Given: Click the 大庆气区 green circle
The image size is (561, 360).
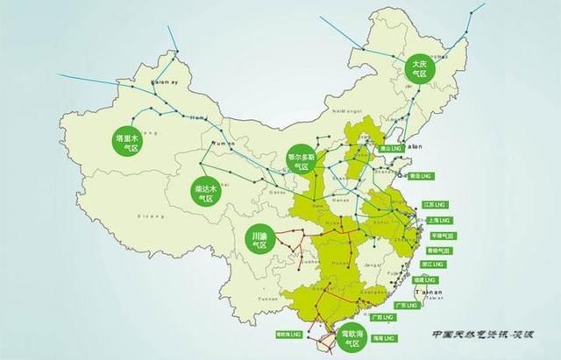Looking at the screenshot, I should pos(417,67).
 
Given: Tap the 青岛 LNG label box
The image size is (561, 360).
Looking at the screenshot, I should pos(421,176).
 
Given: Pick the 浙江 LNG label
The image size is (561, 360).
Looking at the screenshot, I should pos(439,264).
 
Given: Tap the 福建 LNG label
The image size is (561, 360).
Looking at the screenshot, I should pos(433,279).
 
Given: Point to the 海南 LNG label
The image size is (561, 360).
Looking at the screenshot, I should pos(382,336).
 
